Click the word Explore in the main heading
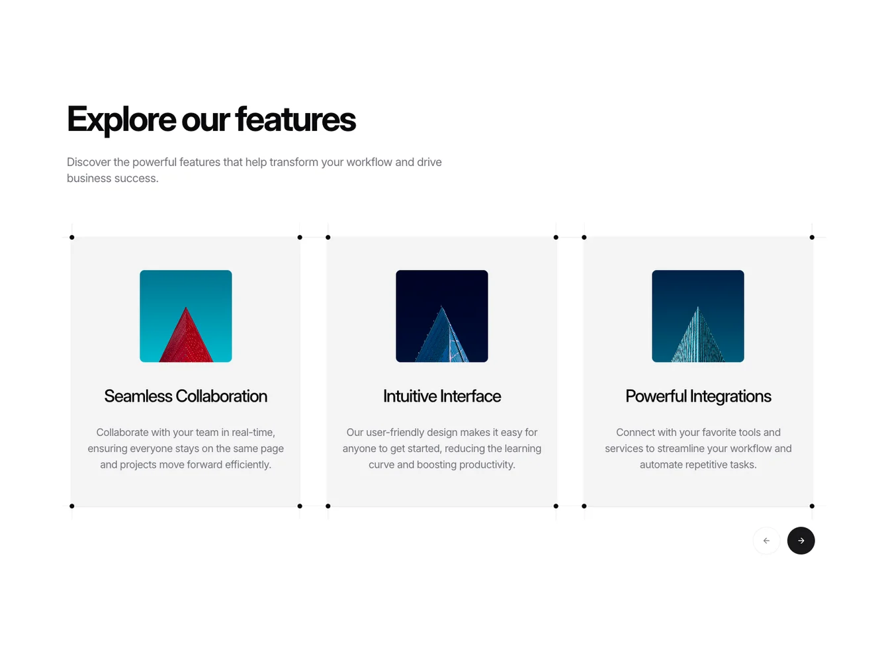[x=121, y=120]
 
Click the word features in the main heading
[x=295, y=119]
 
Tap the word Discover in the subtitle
[x=89, y=162]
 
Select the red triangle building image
[x=186, y=316]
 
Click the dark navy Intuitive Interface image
[x=442, y=316]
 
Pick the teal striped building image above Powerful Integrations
[x=698, y=316]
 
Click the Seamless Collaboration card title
[x=186, y=396]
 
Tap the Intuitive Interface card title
[x=442, y=396]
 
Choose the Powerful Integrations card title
[x=698, y=396]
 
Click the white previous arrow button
[x=766, y=541]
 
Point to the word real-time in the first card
[x=253, y=432]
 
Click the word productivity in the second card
[x=487, y=465]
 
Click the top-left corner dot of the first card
[x=72, y=238]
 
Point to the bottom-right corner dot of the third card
[x=812, y=506]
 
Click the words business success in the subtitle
[x=112, y=178]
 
